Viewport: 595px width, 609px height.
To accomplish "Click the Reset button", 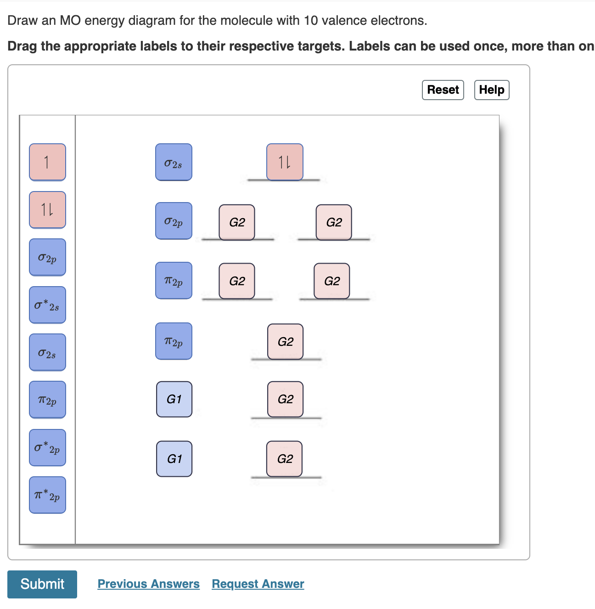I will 443,90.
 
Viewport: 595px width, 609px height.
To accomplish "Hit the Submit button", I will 42,584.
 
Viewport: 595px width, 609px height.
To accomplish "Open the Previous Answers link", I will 148,584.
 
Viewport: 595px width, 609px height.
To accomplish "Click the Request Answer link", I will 258,584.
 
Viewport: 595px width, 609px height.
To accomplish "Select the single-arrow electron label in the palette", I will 47,162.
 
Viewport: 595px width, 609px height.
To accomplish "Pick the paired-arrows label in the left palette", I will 47,210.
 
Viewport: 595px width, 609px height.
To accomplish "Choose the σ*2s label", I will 47,305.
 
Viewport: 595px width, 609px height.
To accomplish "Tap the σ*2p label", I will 47,448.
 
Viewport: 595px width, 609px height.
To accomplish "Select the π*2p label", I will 47,495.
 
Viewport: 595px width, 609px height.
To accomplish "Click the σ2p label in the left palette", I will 47,257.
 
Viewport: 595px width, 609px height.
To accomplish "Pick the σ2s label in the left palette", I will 47,352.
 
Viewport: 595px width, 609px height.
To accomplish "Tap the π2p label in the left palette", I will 47,400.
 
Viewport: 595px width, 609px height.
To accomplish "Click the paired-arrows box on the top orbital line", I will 285,162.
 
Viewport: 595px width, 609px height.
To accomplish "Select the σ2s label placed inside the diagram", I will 174,162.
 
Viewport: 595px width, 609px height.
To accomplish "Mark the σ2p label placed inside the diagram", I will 174,221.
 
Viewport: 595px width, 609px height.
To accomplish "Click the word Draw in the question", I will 21,21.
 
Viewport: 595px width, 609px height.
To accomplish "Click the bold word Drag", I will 22,46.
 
